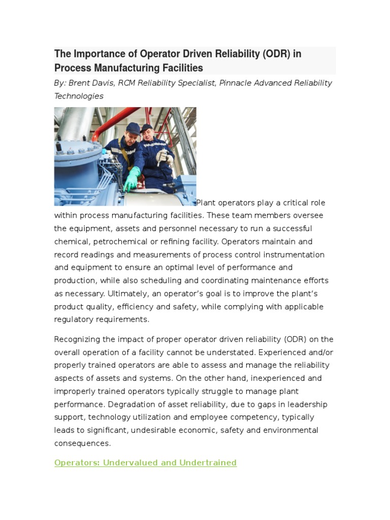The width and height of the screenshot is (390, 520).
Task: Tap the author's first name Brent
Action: tap(81, 83)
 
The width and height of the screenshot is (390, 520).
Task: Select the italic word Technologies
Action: tap(79, 96)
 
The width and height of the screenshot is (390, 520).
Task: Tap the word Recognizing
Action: tap(78, 339)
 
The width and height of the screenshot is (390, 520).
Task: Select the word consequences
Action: tap(82, 443)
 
